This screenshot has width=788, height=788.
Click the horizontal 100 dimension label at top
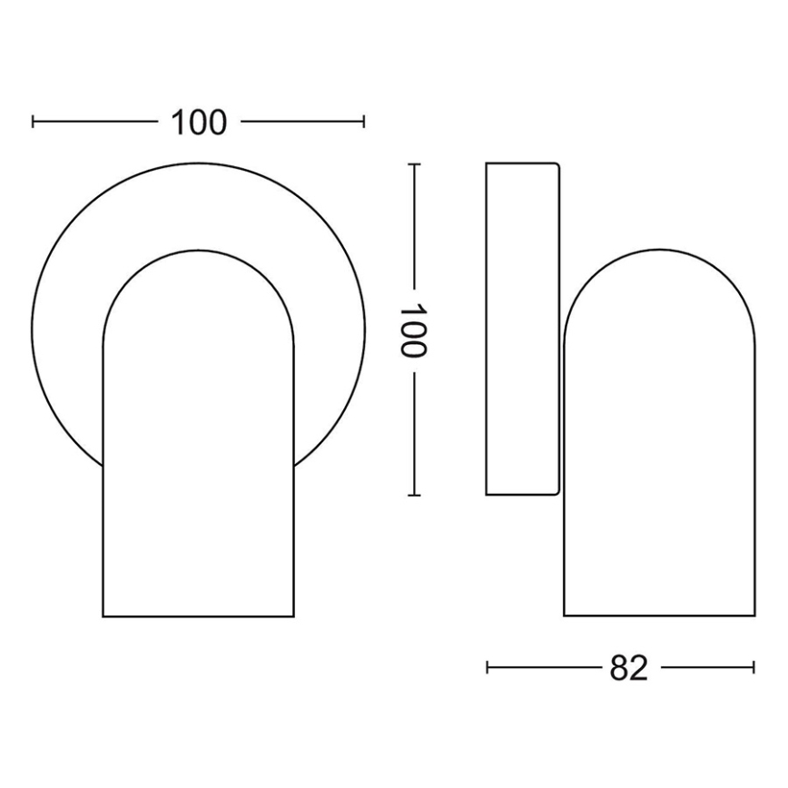(198, 122)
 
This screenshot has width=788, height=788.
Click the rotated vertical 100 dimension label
(414, 330)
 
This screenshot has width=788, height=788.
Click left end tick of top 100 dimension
(33, 122)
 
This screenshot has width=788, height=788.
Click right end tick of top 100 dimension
(364, 122)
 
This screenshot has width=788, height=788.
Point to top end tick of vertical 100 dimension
(414, 164)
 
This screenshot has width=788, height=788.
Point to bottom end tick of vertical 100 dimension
(414, 496)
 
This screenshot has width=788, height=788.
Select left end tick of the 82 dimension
(488, 668)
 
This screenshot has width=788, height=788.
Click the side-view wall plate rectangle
(522, 329)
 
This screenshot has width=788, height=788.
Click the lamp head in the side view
(659, 454)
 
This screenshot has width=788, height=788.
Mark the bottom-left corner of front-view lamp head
(103, 617)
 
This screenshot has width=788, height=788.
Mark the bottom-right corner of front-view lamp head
(294, 617)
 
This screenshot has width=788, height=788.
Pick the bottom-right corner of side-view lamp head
(754, 616)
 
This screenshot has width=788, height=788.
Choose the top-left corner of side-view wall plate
(487, 163)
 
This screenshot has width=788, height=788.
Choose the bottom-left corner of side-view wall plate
(487, 495)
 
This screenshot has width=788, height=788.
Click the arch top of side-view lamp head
(659, 247)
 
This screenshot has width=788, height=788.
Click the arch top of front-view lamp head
(198, 250)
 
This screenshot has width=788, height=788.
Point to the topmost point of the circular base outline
(198, 163)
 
